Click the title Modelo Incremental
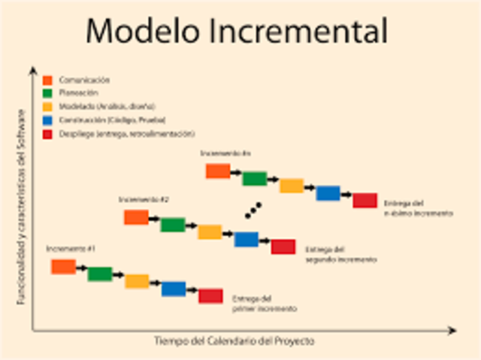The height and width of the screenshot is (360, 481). click(237, 31)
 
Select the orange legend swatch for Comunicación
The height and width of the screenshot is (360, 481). click(47, 80)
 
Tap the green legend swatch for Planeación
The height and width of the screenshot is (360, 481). click(47, 93)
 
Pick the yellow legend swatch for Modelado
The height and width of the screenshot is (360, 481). click(47, 107)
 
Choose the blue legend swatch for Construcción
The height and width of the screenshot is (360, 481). click(47, 120)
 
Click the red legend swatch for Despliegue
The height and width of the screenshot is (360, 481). click(47, 134)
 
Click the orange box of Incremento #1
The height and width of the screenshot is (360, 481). click(63, 266)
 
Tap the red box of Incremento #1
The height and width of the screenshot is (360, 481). click(210, 295)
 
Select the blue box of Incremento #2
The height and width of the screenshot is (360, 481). click(246, 239)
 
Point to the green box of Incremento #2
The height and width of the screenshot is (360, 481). click(172, 225)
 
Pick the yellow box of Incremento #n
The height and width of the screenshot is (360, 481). click(291, 186)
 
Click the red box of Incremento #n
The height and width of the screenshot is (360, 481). click(365, 200)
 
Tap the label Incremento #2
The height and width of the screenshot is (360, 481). click(144, 200)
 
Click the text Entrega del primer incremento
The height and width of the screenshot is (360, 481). click(264, 303)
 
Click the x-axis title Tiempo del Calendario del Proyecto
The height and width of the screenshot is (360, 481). click(234, 341)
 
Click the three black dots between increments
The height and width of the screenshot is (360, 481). click(253, 210)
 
